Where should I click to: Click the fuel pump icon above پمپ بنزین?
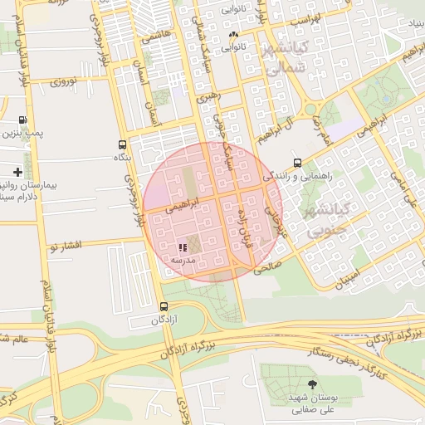[x=22, y=120]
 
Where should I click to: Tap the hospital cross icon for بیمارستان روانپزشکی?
[x=18, y=172]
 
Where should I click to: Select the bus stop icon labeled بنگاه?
[x=123, y=144]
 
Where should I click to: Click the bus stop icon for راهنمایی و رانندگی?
[x=297, y=163]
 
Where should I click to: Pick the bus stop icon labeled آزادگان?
[x=163, y=306]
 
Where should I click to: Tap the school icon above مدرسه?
[x=183, y=247]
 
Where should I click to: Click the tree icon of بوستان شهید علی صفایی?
[x=312, y=383]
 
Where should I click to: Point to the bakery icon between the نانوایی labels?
[x=233, y=36]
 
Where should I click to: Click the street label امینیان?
[x=348, y=276]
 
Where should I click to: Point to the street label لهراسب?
[x=304, y=17]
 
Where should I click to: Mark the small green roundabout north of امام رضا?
[x=312, y=108]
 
